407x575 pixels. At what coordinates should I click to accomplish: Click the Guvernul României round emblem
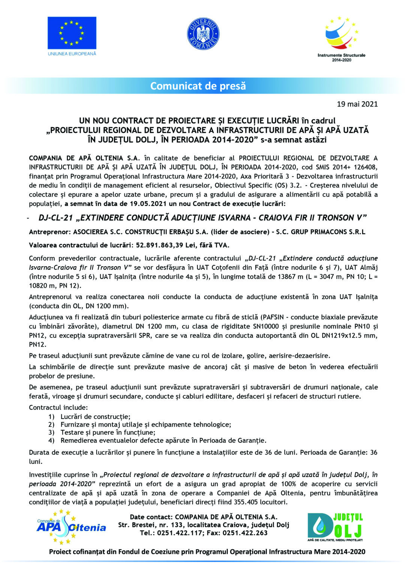pyautogui.click(x=203, y=34)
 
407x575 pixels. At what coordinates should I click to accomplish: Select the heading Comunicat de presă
pyautogui.click(x=198, y=86)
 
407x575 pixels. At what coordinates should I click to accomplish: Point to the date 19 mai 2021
pyautogui.click(x=357, y=104)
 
